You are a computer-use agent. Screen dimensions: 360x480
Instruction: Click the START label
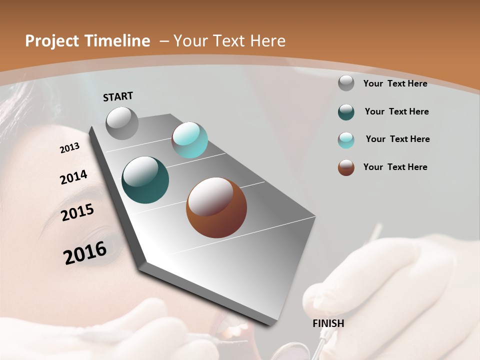tap(118, 96)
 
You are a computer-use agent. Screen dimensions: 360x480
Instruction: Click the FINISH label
tap(328, 323)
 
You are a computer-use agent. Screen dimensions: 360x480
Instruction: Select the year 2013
tap(69, 148)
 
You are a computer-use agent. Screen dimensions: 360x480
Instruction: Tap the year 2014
tap(73, 177)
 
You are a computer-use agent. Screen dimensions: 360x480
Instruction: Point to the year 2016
tap(85, 252)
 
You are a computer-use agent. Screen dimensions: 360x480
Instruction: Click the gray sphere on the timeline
tap(122, 123)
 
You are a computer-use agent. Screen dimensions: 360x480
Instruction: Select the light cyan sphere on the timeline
tap(189, 140)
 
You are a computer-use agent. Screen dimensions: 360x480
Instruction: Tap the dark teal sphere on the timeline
tap(145, 180)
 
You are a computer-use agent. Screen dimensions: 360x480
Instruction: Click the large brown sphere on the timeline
tap(216, 207)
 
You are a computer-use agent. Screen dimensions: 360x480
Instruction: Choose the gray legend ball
tap(346, 83)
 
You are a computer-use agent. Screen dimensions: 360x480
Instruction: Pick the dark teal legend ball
tap(346, 112)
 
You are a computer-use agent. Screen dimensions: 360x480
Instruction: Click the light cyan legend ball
tap(346, 140)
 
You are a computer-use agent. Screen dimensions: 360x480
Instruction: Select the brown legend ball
tap(346, 167)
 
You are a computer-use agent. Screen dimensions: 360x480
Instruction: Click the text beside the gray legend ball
tap(395, 83)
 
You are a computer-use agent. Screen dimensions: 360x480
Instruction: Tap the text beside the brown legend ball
tap(395, 167)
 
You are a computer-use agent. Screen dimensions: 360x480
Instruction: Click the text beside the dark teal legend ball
tap(396, 111)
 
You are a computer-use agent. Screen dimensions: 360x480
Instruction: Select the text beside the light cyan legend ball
tap(397, 139)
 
